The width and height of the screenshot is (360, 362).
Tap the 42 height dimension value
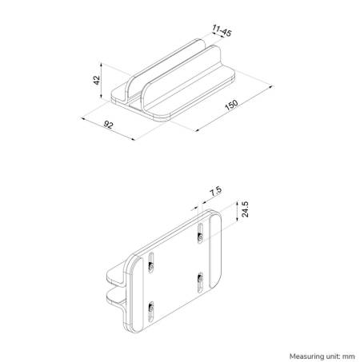coord(96,80)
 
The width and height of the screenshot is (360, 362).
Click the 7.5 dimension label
coord(214,193)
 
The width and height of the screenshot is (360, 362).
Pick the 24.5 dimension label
coord(247,209)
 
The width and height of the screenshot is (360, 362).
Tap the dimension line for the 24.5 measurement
coord(238,210)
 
